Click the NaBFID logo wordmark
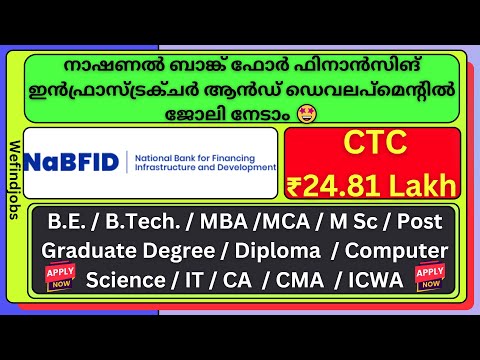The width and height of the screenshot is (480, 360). point(70,161)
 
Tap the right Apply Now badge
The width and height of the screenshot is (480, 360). point(431,275)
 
